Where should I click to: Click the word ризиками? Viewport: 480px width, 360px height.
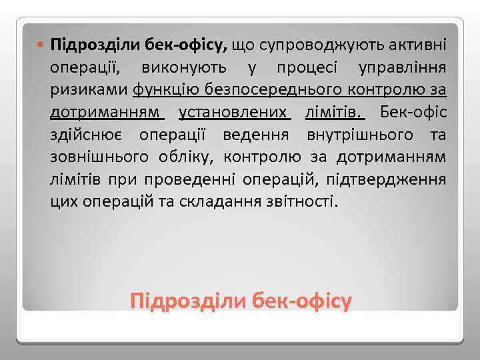(89, 90)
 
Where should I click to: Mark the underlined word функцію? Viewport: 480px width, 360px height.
(164, 90)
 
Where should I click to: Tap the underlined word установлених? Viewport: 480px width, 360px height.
(235, 111)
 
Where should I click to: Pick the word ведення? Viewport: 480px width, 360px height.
(259, 133)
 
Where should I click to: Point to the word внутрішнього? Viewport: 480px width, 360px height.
(355, 133)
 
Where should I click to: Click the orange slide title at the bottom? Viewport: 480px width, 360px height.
(241, 301)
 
